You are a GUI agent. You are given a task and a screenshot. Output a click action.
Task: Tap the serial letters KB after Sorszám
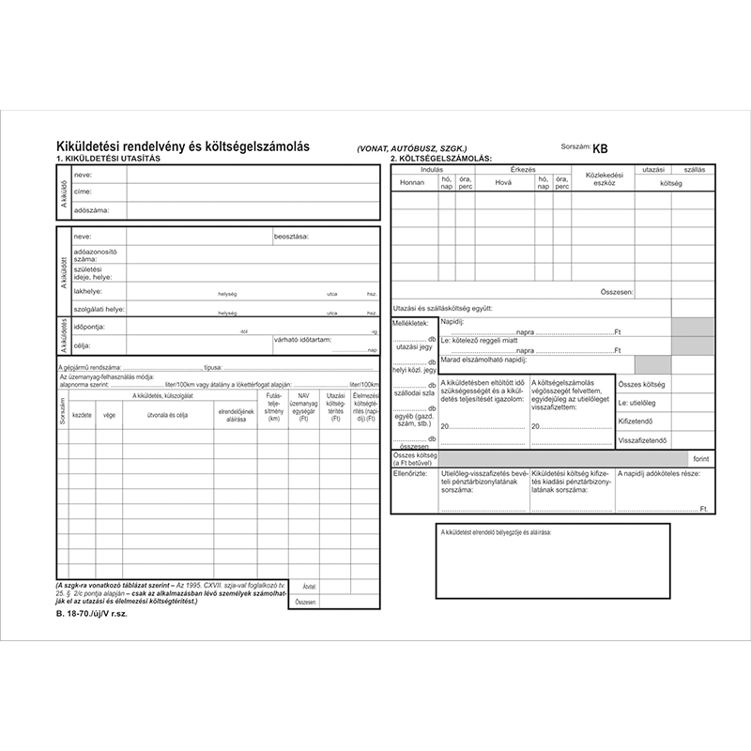coord(601,147)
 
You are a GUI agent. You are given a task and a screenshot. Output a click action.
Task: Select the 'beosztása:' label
coord(292,237)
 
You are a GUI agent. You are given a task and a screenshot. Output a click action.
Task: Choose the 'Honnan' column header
coord(413,182)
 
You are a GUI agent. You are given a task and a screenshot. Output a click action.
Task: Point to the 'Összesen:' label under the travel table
coord(614,293)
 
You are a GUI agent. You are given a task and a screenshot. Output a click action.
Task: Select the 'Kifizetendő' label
coord(640,421)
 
